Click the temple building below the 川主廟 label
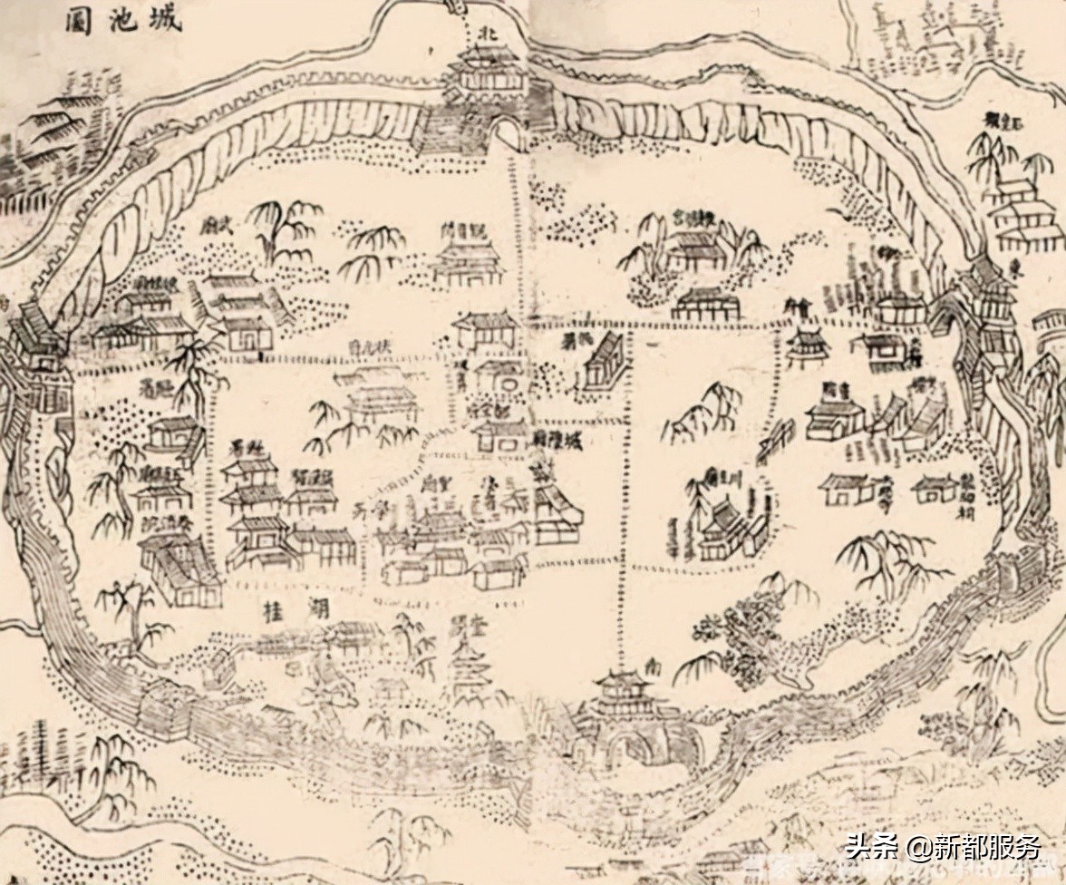[725, 526]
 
